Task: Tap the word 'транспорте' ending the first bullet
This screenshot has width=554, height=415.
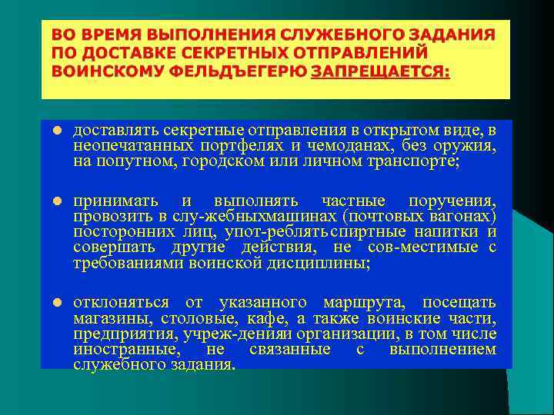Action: coord(413,161)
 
